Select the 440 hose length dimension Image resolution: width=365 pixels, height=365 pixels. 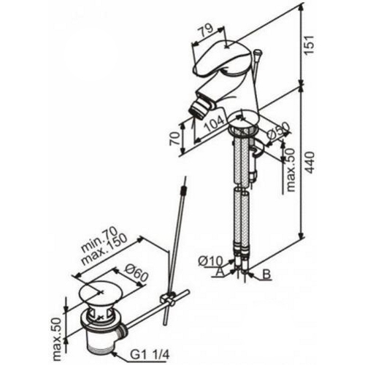pos(310,162)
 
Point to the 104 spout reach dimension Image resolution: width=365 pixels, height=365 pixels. pos(215,123)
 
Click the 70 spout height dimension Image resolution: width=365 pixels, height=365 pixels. pos(175,139)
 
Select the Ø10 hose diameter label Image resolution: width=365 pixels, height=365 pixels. pos(210,261)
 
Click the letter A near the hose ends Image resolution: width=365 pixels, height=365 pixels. pos(220,272)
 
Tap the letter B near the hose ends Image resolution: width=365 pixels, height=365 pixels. pos(266,274)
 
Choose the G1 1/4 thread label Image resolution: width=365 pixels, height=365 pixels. pos(150,356)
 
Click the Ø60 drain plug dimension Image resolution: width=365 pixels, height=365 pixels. pos(137,274)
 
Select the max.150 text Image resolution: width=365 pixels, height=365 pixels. pos(104,250)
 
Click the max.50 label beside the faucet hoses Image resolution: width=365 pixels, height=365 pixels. pos(291,170)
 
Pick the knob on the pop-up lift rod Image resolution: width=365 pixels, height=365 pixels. pos(258,53)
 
